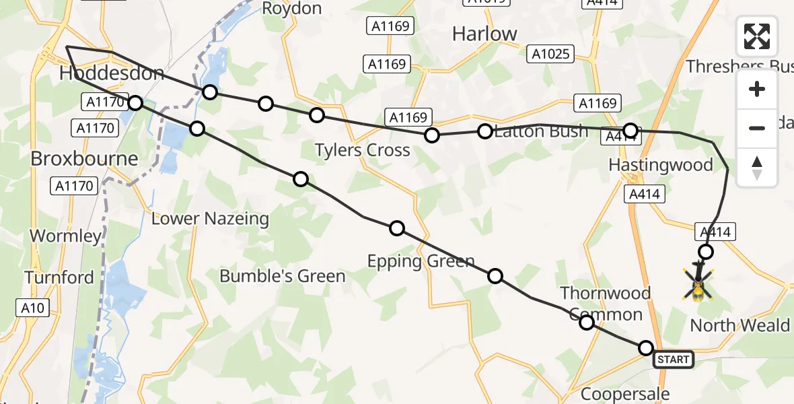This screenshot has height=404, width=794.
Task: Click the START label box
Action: pyautogui.click(x=674, y=360)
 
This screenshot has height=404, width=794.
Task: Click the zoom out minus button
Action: pyautogui.click(x=757, y=128)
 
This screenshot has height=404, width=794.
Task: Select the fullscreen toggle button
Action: pyautogui.click(x=757, y=36)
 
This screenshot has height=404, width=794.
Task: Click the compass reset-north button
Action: pyautogui.click(x=757, y=167)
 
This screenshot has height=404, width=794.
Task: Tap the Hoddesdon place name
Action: pyautogui.click(x=112, y=73)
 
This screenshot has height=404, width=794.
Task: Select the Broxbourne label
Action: pyautogui.click(x=85, y=159)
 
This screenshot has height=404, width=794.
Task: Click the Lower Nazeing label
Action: pyautogui.click(x=210, y=219)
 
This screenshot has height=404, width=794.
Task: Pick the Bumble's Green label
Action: pyautogui.click(x=283, y=276)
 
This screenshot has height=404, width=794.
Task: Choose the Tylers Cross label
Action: pyautogui.click(x=363, y=150)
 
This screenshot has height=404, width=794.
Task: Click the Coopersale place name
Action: pyautogui.click(x=625, y=394)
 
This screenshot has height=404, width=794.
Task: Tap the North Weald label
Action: pyautogui.click(x=740, y=326)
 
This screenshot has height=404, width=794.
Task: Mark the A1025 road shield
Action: pyautogui.click(x=551, y=54)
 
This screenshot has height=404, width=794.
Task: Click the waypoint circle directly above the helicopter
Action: pyautogui.click(x=705, y=252)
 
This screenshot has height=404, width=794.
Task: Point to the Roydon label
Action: pyautogui.click(x=291, y=9)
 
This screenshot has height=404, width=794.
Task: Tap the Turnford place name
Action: pyautogui.click(x=59, y=277)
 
